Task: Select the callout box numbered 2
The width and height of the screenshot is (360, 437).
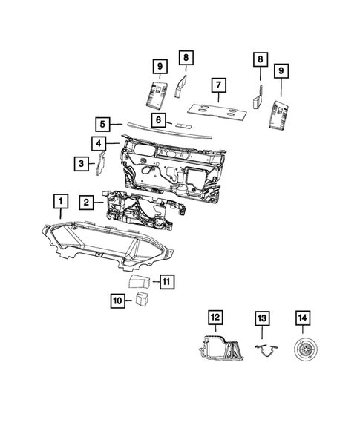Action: [x=87, y=202]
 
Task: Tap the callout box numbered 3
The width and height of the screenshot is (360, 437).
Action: [x=79, y=162]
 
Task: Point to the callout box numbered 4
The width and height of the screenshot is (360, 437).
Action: [x=98, y=142]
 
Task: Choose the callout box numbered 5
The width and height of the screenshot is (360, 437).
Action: [x=103, y=124]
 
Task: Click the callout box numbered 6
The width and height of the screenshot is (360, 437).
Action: [x=159, y=119]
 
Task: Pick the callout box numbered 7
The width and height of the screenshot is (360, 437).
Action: [x=217, y=85]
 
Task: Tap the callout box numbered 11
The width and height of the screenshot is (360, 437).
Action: [x=167, y=281]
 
